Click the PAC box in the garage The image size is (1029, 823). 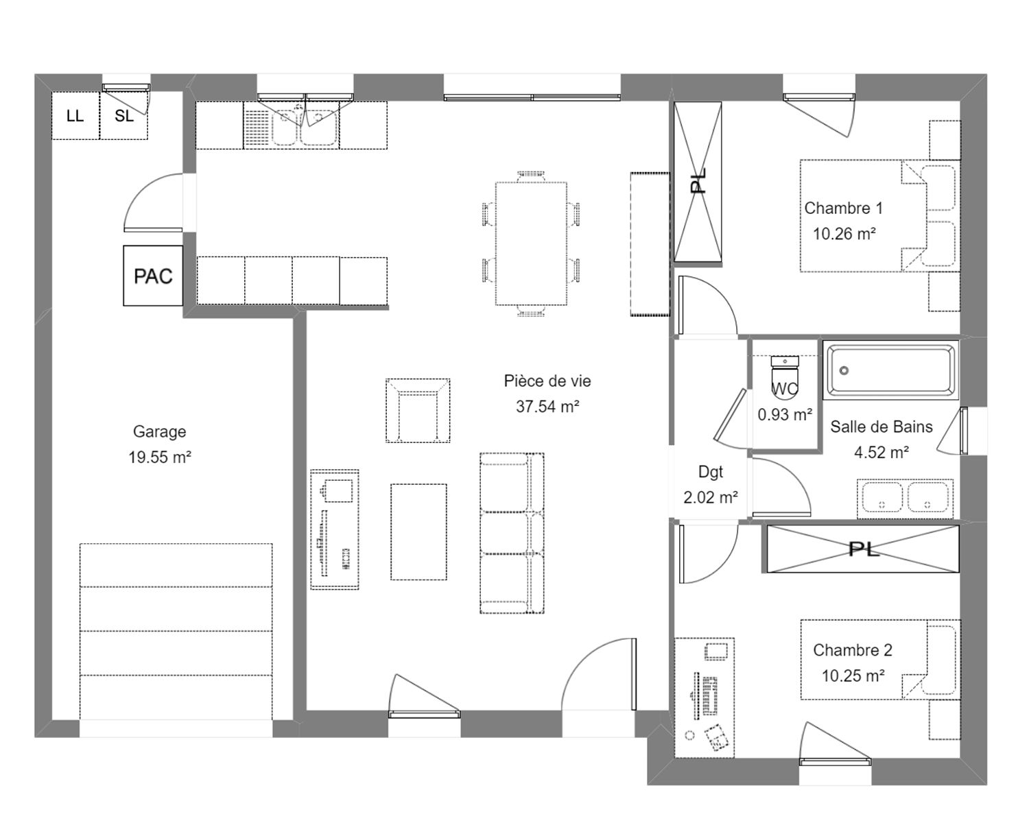click(x=153, y=276)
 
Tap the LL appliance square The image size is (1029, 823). click(x=75, y=116)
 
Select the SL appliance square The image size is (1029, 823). click(x=124, y=116)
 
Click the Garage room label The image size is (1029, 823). click(x=159, y=431)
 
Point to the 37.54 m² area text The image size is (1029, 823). click(x=547, y=407)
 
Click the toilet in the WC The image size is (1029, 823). click(x=785, y=374)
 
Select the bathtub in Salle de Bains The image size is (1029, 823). click(x=890, y=370)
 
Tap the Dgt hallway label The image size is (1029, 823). click(x=711, y=472)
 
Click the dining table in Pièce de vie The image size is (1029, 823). click(x=531, y=243)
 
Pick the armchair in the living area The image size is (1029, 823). click(x=418, y=410)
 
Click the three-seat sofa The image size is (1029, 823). click(x=512, y=533)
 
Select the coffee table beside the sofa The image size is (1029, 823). click(x=419, y=532)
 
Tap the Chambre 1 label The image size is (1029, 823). click(x=844, y=208)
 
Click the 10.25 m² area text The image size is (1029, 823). click(x=853, y=676)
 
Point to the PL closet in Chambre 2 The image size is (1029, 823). click(x=863, y=549)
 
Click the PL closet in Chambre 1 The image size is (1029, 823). click(x=698, y=181)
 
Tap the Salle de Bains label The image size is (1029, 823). click(x=882, y=427)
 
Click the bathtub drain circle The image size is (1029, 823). click(x=844, y=370)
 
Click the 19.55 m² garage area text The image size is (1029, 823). click(x=160, y=457)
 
